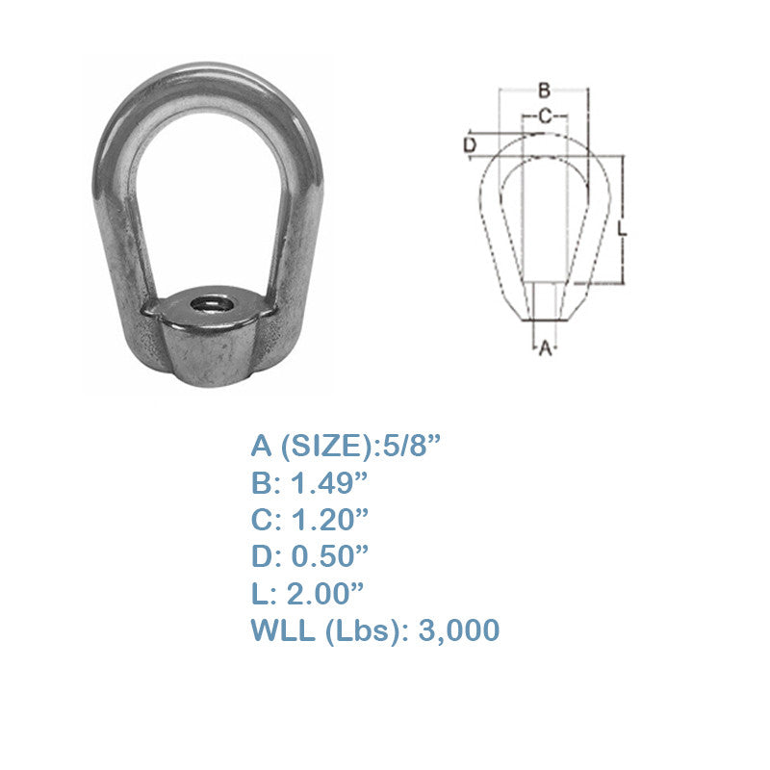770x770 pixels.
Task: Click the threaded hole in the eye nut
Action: (212, 304)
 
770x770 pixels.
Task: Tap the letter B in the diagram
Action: (544, 90)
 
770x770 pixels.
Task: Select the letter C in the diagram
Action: (545, 116)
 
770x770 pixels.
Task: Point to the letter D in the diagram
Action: (470, 145)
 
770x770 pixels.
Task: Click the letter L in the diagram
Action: (622, 228)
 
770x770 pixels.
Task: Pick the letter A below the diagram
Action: (546, 348)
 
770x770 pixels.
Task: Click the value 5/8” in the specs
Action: (407, 446)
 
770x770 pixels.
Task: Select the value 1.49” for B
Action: (329, 483)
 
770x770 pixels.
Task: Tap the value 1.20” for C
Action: (329, 520)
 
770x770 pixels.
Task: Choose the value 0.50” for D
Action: (329, 556)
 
